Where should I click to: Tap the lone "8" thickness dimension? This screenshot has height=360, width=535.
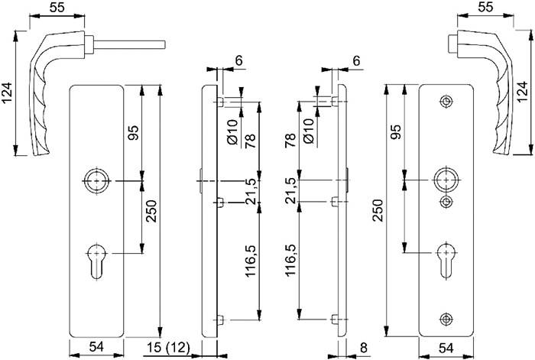click(364, 349)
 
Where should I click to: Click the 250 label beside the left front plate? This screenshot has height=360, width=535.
click(151, 218)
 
